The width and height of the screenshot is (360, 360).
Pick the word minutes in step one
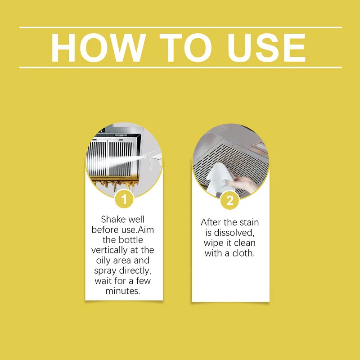tap(123, 291)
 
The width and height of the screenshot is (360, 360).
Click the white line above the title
tap(180, 27)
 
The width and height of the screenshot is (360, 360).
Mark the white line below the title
tap(180, 67)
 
